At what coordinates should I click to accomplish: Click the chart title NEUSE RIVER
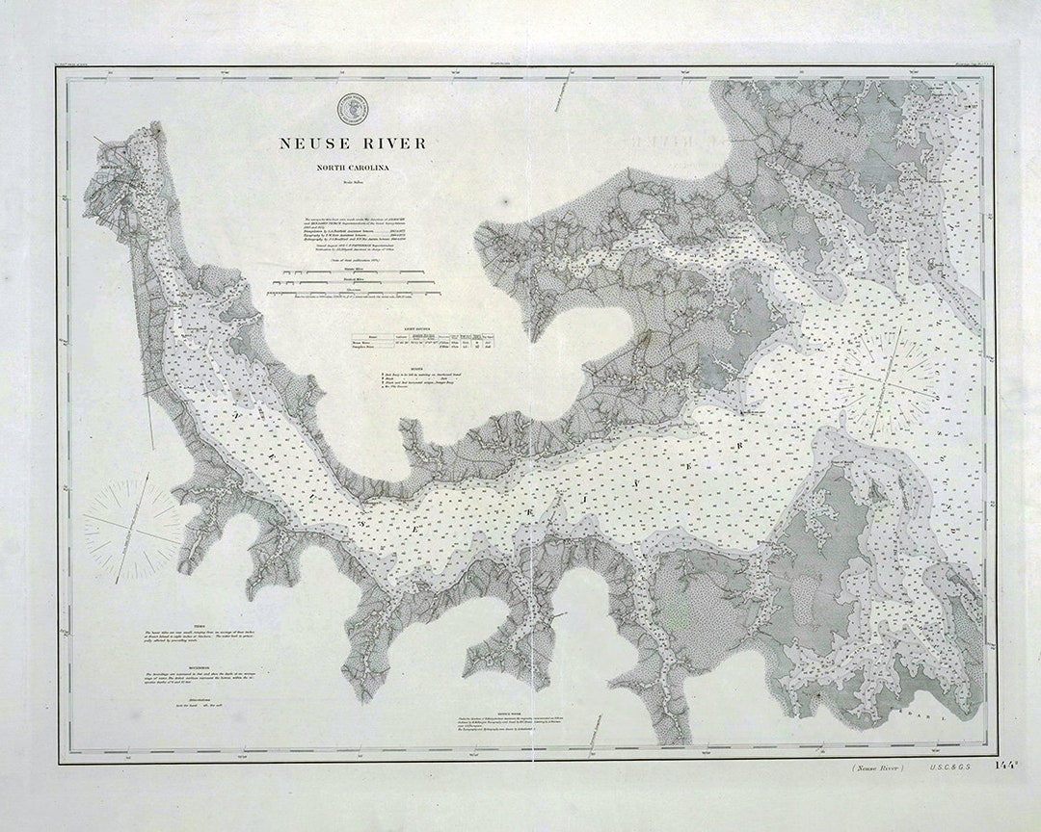point(352,143)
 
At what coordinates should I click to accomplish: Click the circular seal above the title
point(351,108)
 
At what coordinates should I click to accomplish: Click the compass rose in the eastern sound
point(887,378)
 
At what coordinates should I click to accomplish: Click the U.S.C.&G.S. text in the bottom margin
point(951,768)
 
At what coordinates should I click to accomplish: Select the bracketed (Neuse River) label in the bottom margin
point(877,768)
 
